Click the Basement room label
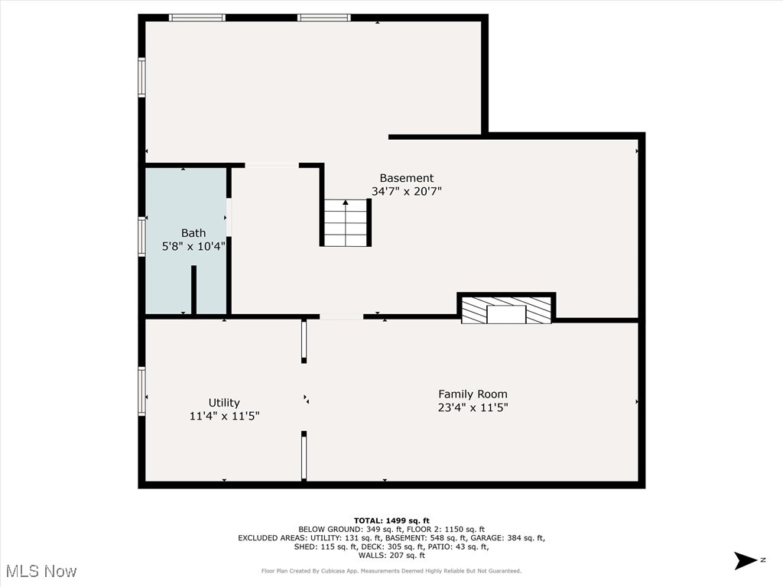pos(406,178)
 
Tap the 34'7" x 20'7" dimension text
pos(406,192)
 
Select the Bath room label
pos(193,233)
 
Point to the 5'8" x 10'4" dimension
pos(193,247)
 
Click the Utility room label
pos(224,403)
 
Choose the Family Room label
pos(473,394)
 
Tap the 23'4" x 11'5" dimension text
pos(473,408)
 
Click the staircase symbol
pos(346,222)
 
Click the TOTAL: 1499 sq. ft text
pos(391,521)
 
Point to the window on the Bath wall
pos(141,236)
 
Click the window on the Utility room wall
pos(141,391)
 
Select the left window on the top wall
pos(197,18)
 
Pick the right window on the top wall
pos(323,18)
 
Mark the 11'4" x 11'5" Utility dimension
pos(224,417)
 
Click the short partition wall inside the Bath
pos(194,290)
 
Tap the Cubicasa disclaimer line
pos(391,571)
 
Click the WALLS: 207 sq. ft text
pos(391,555)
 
